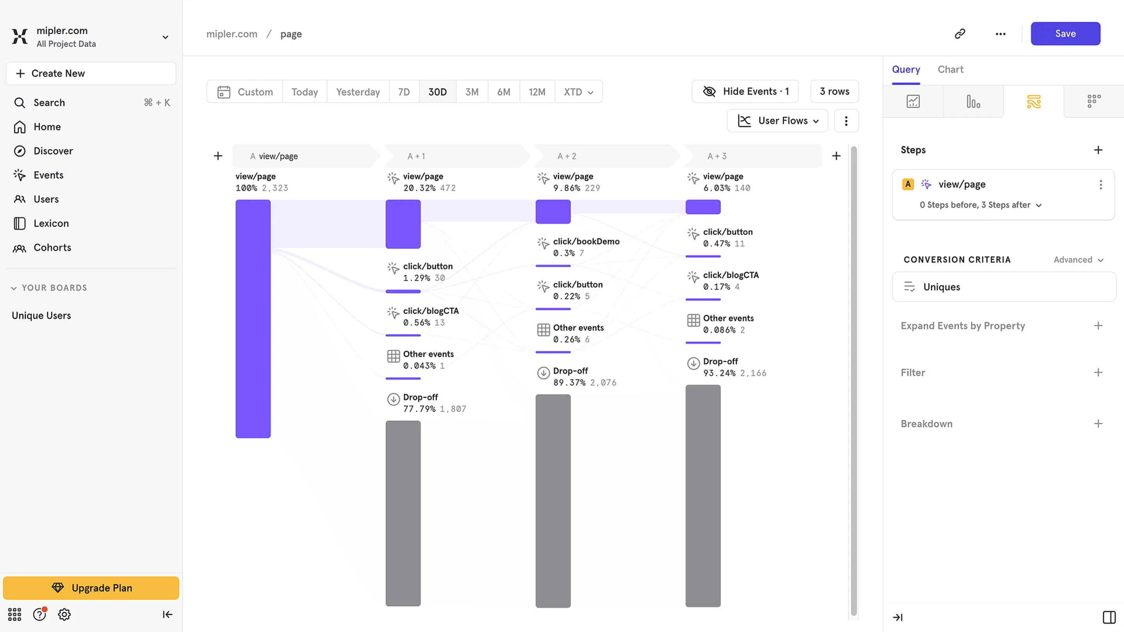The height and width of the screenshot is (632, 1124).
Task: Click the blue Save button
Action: pyautogui.click(x=1065, y=34)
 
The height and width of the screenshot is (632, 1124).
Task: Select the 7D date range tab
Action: pyautogui.click(x=403, y=92)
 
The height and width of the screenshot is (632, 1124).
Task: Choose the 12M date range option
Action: pyautogui.click(x=537, y=92)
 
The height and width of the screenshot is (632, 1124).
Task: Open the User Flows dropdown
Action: pyautogui.click(x=777, y=121)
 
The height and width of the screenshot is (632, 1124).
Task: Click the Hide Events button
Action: pyautogui.click(x=745, y=92)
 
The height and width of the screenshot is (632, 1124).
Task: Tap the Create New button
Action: pyautogui.click(x=91, y=73)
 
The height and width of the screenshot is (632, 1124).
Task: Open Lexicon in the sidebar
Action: pyautogui.click(x=51, y=223)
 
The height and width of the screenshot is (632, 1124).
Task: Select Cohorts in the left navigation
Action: pyautogui.click(x=52, y=247)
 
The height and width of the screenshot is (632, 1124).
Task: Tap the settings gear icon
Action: pyautogui.click(x=64, y=614)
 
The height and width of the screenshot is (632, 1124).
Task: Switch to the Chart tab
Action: pyautogui.click(x=950, y=69)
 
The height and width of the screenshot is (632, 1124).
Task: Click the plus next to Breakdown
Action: pyautogui.click(x=1098, y=424)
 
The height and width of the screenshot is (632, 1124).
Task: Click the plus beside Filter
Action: pyautogui.click(x=1098, y=372)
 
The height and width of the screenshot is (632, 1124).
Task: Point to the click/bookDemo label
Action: pyautogui.click(x=586, y=241)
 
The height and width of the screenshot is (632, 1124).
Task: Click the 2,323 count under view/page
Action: pyautogui.click(x=275, y=188)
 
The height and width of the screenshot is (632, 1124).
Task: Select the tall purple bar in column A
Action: pyautogui.click(x=253, y=319)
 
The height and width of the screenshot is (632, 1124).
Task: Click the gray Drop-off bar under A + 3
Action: pyautogui.click(x=703, y=495)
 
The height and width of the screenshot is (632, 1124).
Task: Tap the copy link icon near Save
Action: pyautogui.click(x=960, y=34)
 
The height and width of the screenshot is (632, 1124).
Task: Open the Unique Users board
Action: pyautogui.click(x=41, y=315)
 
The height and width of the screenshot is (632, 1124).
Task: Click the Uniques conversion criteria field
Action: pyautogui.click(x=1004, y=287)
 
